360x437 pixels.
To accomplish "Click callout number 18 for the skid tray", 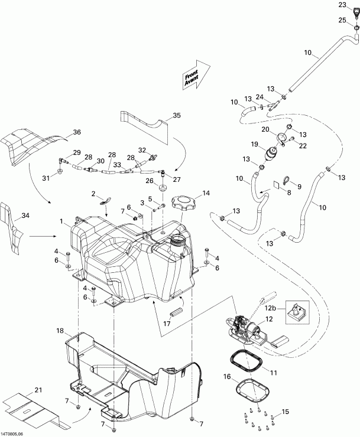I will click(x=59, y=330).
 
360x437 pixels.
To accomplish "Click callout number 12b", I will click(x=270, y=308).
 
